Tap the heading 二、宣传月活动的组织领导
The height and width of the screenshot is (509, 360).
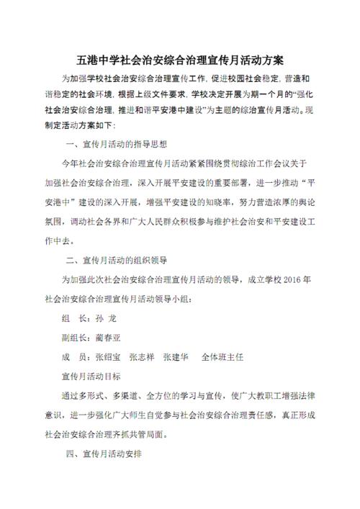117,259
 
